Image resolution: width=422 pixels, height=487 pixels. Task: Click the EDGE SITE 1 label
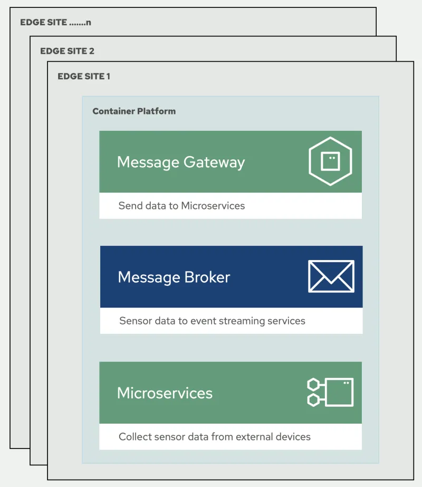click(x=84, y=77)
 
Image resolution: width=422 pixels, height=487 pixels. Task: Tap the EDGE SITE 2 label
click(x=67, y=51)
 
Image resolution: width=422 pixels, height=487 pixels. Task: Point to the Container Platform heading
click(x=134, y=111)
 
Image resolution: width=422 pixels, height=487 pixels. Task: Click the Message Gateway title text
click(x=181, y=162)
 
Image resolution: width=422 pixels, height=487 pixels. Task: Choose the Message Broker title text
click(x=174, y=277)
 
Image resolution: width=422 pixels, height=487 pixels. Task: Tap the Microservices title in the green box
click(x=165, y=393)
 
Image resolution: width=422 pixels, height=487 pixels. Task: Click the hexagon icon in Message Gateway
click(x=330, y=161)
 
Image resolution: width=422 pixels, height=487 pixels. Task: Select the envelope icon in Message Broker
click(x=331, y=276)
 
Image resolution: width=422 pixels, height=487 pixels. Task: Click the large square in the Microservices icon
click(x=339, y=392)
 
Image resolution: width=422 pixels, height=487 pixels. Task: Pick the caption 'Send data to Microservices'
click(x=181, y=206)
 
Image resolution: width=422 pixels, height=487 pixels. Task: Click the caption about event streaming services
click(x=212, y=321)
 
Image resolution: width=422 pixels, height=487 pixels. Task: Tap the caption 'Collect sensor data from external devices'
click(x=214, y=437)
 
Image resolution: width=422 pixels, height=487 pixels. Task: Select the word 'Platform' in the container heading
click(x=157, y=111)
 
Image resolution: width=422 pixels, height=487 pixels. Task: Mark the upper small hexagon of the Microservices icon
click(x=313, y=385)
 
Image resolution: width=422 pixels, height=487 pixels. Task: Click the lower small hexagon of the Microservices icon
click(x=313, y=400)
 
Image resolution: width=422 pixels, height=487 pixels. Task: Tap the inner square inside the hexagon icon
click(x=330, y=161)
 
